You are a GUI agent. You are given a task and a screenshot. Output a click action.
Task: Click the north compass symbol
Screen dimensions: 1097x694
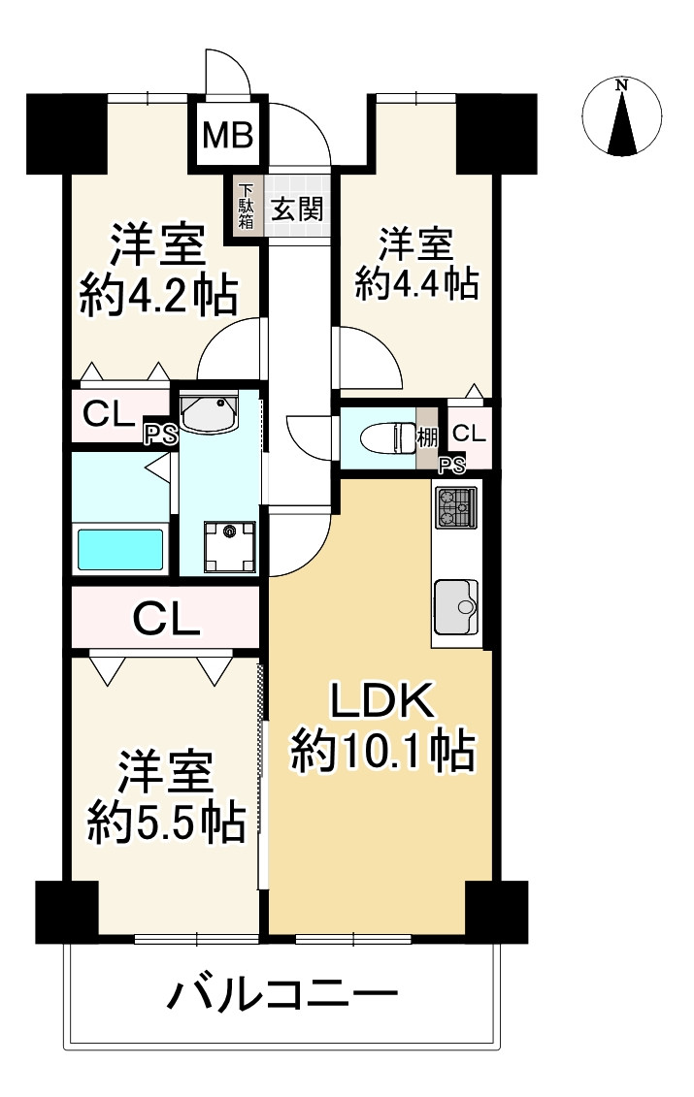coord(621,118)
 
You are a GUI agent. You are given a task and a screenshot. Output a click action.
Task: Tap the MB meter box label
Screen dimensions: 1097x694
coord(228,135)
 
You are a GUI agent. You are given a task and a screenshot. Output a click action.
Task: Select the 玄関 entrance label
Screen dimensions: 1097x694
coord(296,209)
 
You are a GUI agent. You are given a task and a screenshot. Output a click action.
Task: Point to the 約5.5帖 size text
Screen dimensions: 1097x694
coord(165,823)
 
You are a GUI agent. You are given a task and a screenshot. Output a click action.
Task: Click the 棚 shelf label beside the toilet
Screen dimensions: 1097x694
coord(427,437)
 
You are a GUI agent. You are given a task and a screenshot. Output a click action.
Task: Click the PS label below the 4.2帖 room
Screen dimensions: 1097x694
coord(162,435)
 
